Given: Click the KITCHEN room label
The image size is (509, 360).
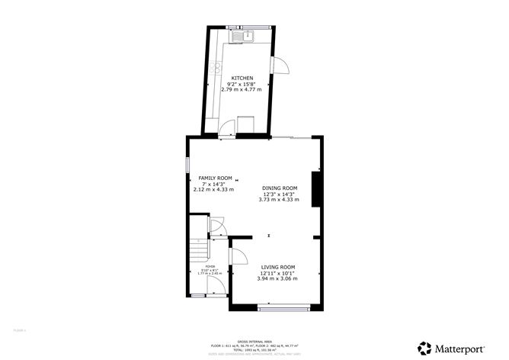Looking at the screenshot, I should [x=242, y=78].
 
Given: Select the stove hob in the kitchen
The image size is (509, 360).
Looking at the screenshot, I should [x=247, y=124].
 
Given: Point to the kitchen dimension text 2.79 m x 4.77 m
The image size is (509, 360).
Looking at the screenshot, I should [x=242, y=89].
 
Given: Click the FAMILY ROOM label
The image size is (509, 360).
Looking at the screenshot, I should [x=215, y=178].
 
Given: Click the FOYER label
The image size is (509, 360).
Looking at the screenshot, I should [x=199, y=267].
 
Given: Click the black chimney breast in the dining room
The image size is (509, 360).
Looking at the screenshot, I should [x=315, y=188].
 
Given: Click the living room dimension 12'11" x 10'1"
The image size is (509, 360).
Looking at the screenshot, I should [x=278, y=273].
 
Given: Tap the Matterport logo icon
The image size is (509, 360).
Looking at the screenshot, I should [x=423, y=347].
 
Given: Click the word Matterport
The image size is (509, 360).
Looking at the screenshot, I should [x=459, y=348].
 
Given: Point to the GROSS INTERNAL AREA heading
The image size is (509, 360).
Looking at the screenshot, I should [x=254, y=342].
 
